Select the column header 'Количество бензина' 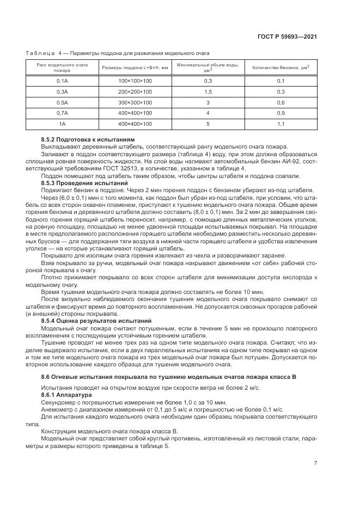tap(280, 68)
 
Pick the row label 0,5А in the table tap(62, 102)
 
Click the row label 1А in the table tap(62, 124)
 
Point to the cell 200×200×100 tap(135, 91)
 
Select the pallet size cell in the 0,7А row tap(135, 113)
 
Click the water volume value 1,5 tap(208, 91)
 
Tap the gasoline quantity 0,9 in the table tap(280, 113)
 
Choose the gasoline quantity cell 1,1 tap(280, 124)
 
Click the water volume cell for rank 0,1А tap(208, 81)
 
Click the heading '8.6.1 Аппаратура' tap(65, 394)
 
